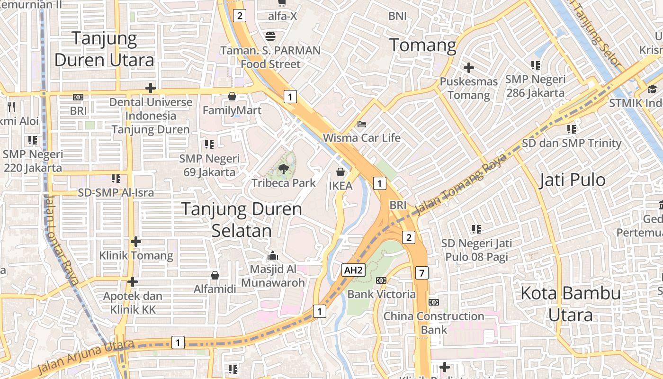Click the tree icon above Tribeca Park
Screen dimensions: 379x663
(283, 168)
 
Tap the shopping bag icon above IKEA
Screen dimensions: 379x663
(340, 171)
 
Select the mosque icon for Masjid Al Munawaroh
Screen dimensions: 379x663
(273, 256)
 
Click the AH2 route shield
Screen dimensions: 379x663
(354, 271)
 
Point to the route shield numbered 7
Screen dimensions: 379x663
(421, 273)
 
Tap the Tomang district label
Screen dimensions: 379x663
(422, 45)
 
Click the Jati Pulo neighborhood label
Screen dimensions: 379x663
(572, 180)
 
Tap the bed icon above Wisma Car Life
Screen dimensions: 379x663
(362, 124)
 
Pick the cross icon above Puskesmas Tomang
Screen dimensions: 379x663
(469, 68)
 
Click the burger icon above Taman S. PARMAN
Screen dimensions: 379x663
(270, 36)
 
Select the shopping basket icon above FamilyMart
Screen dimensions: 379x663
(232, 96)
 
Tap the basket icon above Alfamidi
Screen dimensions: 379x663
(215, 275)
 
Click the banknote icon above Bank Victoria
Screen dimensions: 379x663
(381, 280)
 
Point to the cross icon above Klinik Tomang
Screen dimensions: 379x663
(136, 242)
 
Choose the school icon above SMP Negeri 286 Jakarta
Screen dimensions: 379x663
(536, 65)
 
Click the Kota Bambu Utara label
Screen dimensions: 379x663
(570, 304)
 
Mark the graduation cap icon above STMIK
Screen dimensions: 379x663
(652, 89)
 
